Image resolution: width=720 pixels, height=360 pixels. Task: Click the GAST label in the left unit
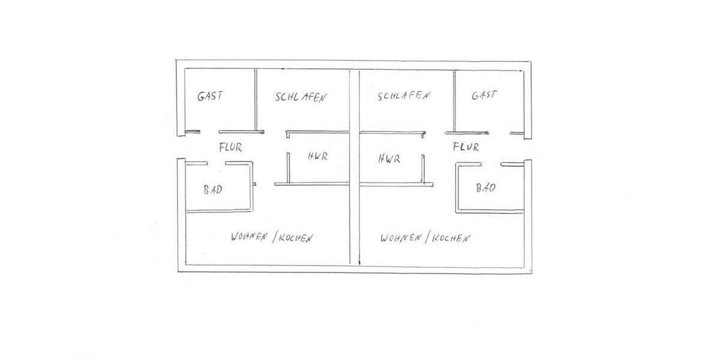click(x=210, y=95)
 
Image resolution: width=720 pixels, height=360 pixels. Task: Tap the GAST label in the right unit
click(x=484, y=95)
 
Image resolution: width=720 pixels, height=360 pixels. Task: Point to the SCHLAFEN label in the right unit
click(x=403, y=96)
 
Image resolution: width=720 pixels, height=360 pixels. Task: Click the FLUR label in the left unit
click(x=230, y=146)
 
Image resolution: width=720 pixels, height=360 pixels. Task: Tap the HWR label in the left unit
click(x=317, y=157)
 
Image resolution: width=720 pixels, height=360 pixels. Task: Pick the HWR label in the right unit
click(x=389, y=159)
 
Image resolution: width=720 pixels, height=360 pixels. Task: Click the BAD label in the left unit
click(x=212, y=190)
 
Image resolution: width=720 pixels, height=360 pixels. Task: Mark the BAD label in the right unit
click(x=485, y=188)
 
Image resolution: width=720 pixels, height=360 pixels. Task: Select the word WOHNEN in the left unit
click(x=249, y=237)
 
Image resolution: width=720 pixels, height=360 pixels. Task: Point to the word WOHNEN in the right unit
click(x=400, y=238)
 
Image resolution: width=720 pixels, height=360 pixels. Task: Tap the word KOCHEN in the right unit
click(x=450, y=238)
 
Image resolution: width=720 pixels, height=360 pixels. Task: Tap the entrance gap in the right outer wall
click(x=529, y=148)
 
